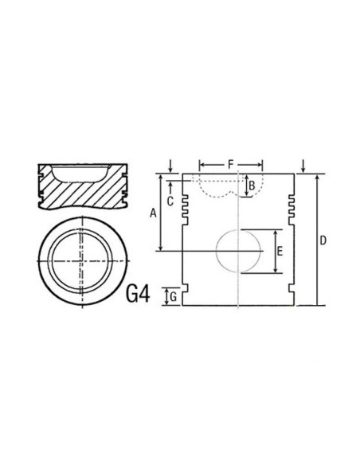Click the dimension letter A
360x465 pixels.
point(153,213)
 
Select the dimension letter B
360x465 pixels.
point(252,186)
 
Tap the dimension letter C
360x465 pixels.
point(170,201)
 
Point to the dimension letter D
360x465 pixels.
point(323,240)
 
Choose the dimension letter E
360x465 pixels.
point(279,251)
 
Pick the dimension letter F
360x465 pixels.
point(230,164)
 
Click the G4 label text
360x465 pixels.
point(138,294)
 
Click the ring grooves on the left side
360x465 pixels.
point(186,203)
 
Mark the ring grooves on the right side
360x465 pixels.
point(292,203)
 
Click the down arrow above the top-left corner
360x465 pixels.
point(171,166)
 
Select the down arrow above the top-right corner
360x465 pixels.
point(304,166)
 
